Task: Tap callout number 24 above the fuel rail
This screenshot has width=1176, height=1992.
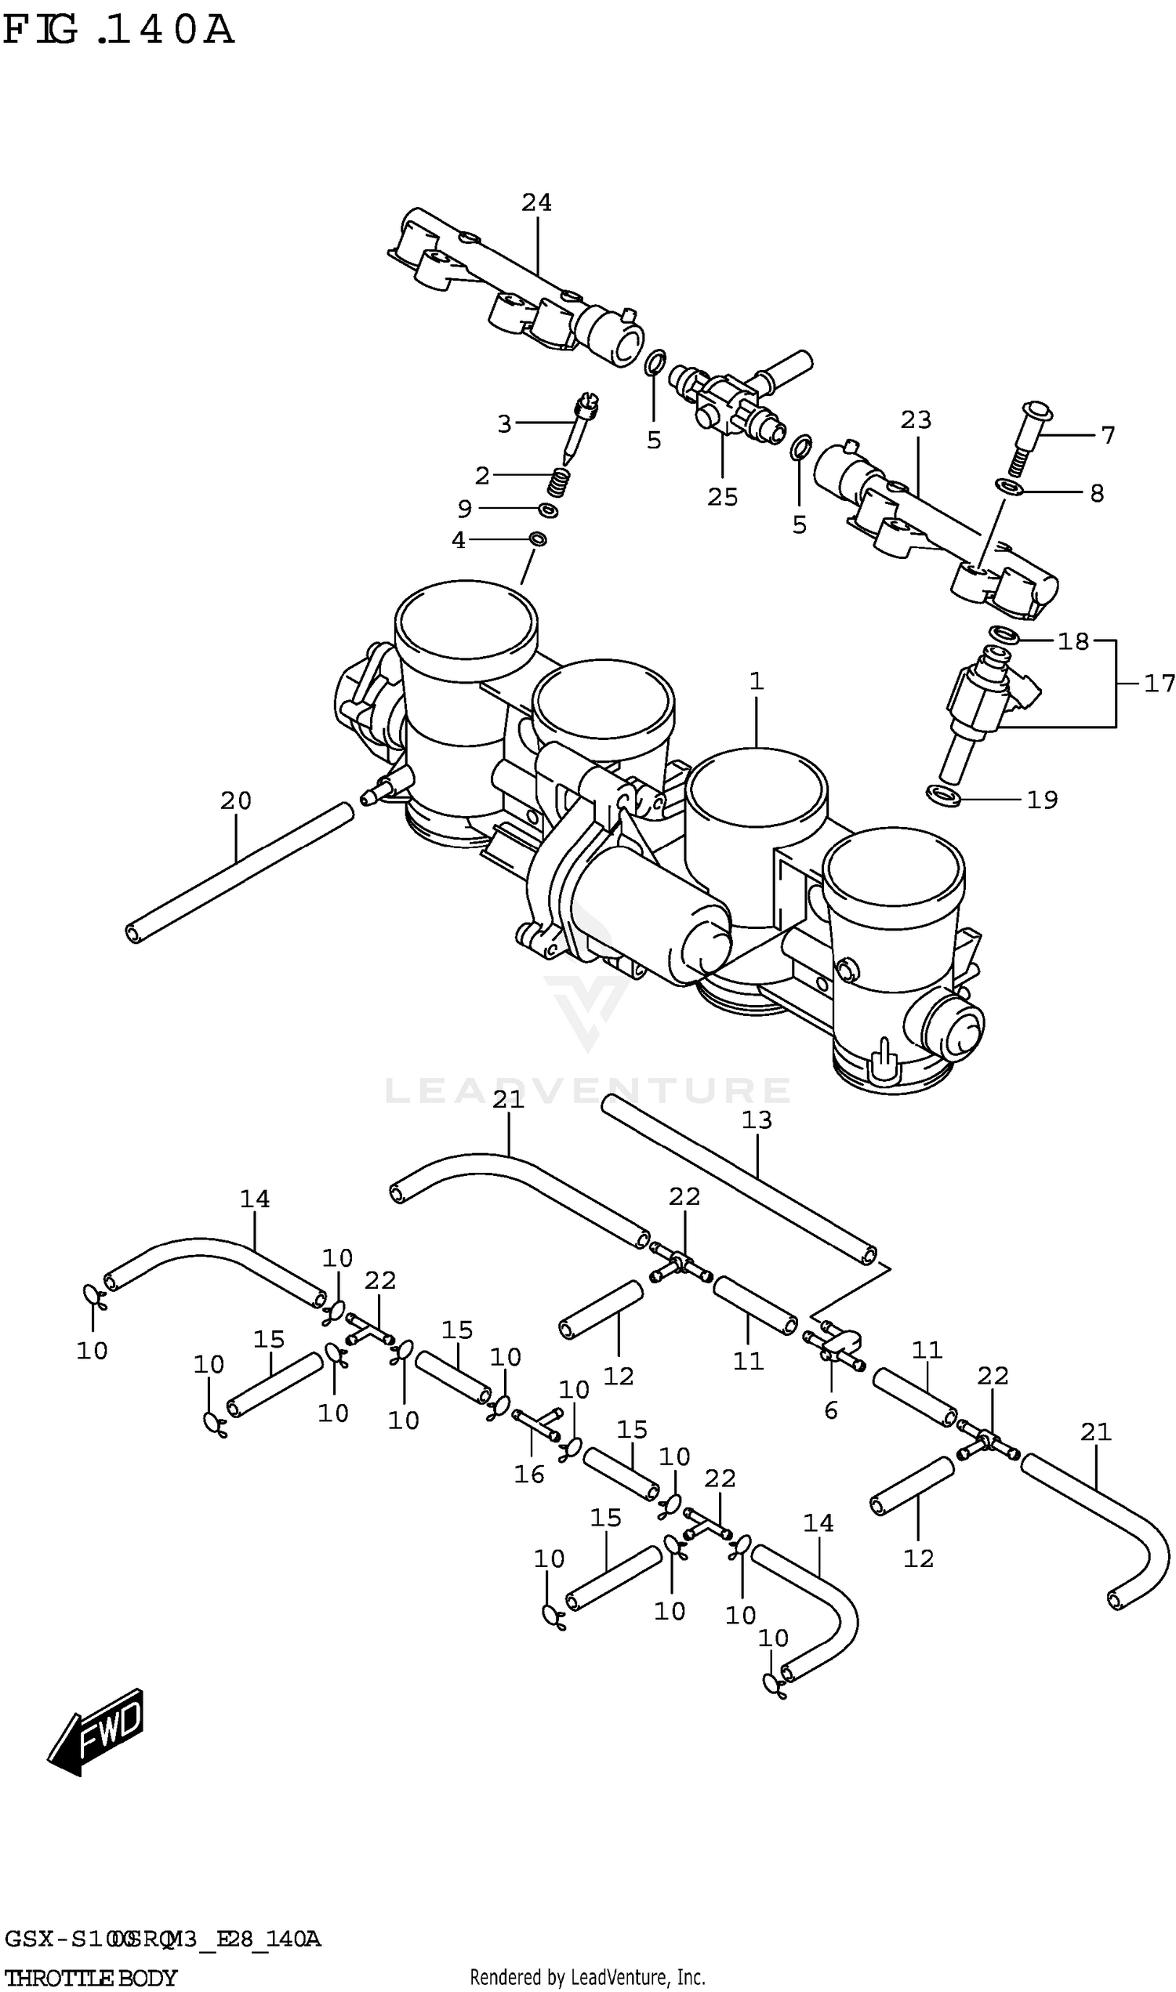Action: click(536, 203)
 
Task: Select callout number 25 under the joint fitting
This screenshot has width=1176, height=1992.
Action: click(722, 497)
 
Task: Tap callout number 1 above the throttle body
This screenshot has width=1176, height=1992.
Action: click(756, 680)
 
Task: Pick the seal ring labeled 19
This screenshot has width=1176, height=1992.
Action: click(943, 795)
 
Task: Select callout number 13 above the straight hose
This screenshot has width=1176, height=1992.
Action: click(756, 1119)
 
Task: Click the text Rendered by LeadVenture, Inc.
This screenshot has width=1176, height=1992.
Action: click(587, 1977)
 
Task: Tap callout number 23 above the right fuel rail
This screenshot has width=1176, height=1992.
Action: click(915, 420)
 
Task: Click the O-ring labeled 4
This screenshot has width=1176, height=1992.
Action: click(538, 539)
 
